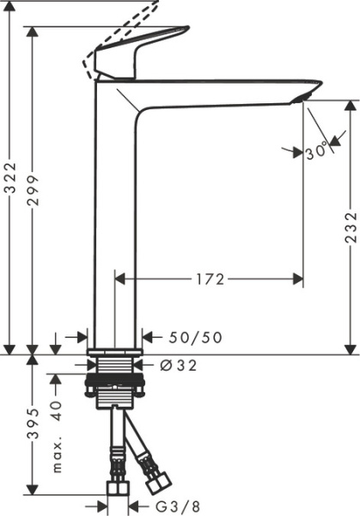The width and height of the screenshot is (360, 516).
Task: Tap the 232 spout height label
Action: click(350, 229)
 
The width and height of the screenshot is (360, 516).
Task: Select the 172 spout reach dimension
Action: click(210, 279)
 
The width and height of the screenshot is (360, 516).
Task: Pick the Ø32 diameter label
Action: click(179, 365)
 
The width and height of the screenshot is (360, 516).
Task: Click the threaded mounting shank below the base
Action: click(114, 371)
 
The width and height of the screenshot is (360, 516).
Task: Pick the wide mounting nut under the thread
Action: click(114, 392)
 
